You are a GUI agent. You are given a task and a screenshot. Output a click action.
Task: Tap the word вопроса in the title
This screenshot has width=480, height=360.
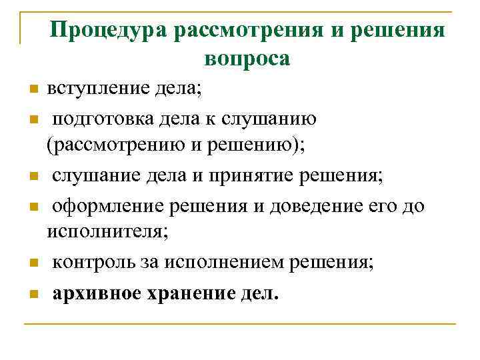click(247, 59)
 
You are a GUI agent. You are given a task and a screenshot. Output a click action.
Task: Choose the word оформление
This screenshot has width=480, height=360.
click(111, 205)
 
